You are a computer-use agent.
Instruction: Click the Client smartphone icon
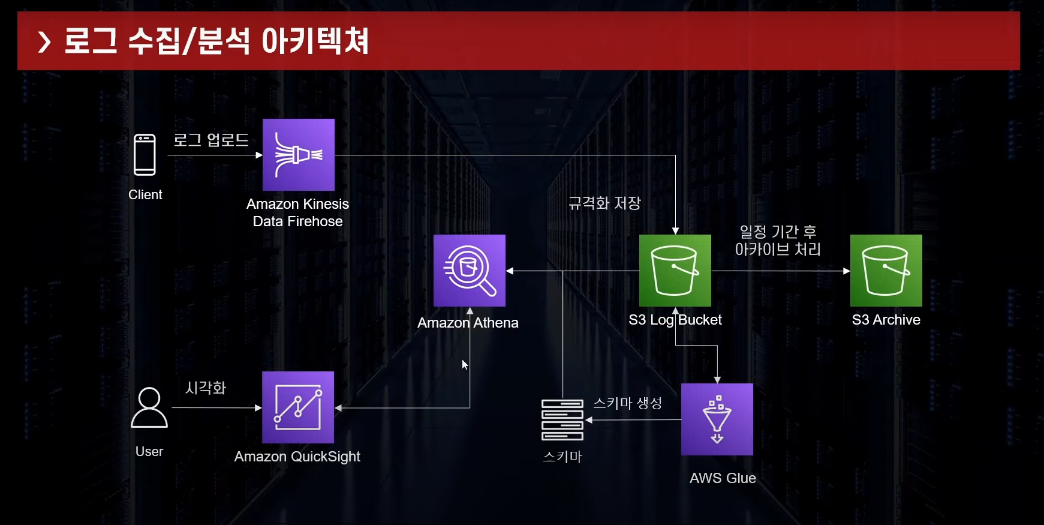coord(145,155)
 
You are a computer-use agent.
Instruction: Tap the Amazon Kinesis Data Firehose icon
coord(299,155)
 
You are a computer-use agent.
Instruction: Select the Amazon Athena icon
coord(470,271)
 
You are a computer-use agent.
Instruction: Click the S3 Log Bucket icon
coord(675,271)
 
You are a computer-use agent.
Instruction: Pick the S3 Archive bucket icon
coord(886,271)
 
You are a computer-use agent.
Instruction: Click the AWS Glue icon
coord(717,419)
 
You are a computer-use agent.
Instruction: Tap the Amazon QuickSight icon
coord(298,407)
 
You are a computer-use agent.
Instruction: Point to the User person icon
coord(149,407)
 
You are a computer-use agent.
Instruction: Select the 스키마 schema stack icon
coord(562,419)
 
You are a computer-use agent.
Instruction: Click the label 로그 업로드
coord(211,140)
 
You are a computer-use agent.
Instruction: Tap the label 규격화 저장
coord(604,203)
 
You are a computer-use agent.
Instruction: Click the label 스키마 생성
coord(628,403)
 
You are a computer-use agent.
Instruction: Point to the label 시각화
coord(206,388)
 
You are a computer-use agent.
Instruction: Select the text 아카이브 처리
coord(778,250)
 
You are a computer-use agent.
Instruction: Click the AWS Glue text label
coord(723,478)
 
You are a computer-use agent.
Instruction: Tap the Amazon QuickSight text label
coord(297,457)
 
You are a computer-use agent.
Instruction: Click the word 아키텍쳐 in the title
coord(315,41)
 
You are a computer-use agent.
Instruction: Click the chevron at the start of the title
coord(44,42)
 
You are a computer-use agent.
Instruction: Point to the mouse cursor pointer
coord(465,365)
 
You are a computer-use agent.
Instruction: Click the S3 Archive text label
coord(886,320)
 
